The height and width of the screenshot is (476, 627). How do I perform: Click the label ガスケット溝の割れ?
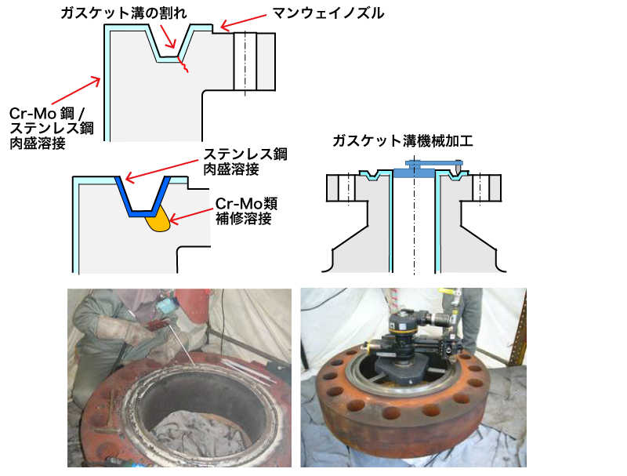[x=124, y=13]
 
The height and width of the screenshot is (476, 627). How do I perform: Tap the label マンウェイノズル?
[x=328, y=13]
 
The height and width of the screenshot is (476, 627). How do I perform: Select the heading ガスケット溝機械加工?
[x=403, y=141]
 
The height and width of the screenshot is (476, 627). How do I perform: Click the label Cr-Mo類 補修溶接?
[x=246, y=211]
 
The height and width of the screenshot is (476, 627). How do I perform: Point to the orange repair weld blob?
[x=158, y=221]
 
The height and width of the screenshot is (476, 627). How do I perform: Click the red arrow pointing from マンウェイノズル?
[x=243, y=22]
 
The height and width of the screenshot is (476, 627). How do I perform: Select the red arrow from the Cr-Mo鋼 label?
[x=75, y=92]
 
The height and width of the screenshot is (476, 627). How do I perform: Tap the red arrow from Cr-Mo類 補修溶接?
[x=192, y=215]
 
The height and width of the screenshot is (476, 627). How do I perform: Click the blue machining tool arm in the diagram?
[x=434, y=163]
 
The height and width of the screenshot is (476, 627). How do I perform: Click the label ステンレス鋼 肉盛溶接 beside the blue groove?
[x=245, y=162]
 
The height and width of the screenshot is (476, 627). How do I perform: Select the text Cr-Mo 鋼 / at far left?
[x=47, y=114]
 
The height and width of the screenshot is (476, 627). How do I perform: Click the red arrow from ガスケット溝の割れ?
[x=168, y=36]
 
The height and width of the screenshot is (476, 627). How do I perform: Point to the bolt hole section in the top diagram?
[x=245, y=61]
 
